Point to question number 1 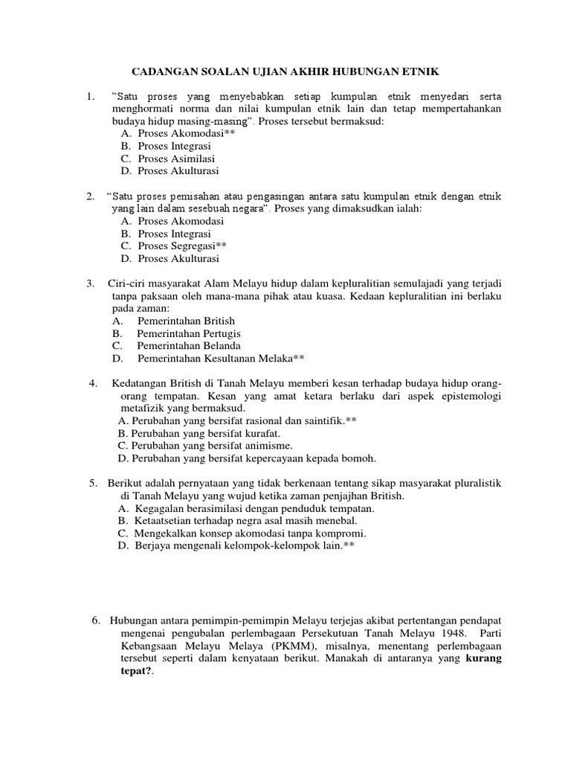90,97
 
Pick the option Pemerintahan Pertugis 188,333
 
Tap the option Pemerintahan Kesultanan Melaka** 221,359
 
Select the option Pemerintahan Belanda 188,346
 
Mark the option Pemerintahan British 187,321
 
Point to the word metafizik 143,409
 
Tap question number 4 94,383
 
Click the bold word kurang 484,658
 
